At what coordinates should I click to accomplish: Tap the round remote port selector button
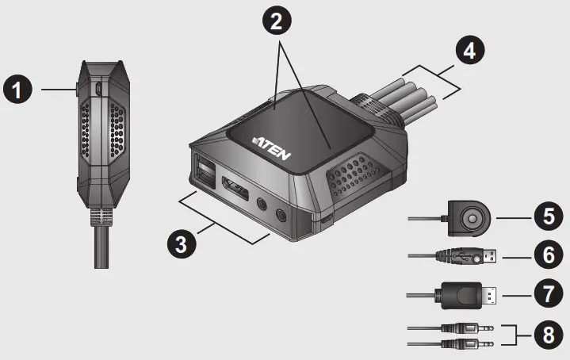[473, 216]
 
